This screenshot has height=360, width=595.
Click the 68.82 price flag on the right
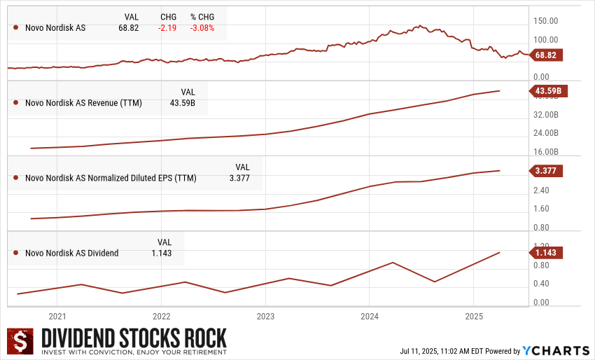tap(549, 54)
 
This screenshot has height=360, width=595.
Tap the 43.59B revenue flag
tap(549, 91)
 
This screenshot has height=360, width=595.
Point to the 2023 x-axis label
tap(265, 317)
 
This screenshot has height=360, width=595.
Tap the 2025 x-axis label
tap(474, 317)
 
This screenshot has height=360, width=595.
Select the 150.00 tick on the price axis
tap(545, 21)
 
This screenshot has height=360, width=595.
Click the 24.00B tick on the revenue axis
tap(546, 132)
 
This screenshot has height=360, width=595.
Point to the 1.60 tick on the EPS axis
tap(540, 209)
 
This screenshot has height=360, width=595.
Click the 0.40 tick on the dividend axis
tap(540, 284)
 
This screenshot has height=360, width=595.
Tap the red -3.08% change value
tap(202, 28)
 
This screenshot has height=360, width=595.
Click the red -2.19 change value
tap(168, 28)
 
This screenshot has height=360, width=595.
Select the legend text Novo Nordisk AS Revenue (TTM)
tap(83, 103)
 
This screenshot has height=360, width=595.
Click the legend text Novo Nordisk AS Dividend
tap(71, 253)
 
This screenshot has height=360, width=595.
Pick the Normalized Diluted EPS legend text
tap(111, 178)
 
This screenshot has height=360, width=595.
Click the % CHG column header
tap(202, 16)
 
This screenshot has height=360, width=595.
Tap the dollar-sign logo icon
tap(20, 341)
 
